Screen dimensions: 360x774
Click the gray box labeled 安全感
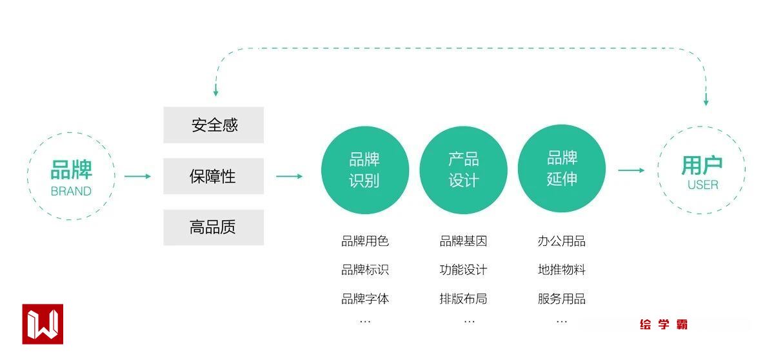pyautogui.click(x=213, y=125)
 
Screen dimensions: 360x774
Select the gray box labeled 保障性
pyautogui.click(x=213, y=176)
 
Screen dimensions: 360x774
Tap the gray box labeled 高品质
pyautogui.click(x=213, y=227)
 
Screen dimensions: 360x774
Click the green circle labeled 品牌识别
pyautogui.click(x=365, y=170)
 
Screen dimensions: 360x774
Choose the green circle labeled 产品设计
pyautogui.click(x=463, y=170)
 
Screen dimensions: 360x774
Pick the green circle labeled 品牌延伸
pyautogui.click(x=562, y=168)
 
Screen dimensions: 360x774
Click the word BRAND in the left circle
pyautogui.click(x=71, y=191)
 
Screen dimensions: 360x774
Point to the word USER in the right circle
pyautogui.click(x=702, y=185)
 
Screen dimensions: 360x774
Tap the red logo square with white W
pyautogui.click(x=43, y=324)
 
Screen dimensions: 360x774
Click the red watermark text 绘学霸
pyautogui.click(x=664, y=325)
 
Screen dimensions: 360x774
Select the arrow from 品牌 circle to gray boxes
pyautogui.click(x=137, y=176)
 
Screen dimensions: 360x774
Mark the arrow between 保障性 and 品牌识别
pyautogui.click(x=289, y=176)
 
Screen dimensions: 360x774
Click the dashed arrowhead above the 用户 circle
pyautogui.click(x=706, y=101)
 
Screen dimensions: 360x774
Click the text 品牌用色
pyautogui.click(x=365, y=241)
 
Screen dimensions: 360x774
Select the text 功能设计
pyautogui.click(x=463, y=270)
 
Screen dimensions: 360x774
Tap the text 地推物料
pyautogui.click(x=562, y=270)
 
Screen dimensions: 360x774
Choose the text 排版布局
pyautogui.click(x=463, y=299)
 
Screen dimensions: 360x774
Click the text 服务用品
pyautogui.click(x=562, y=299)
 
